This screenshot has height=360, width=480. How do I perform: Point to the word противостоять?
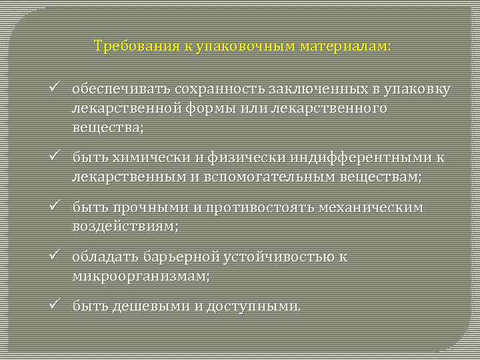tap(262, 207)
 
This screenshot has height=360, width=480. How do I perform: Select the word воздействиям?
tap(125, 226)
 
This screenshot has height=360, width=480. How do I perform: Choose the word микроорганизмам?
tap(141, 275)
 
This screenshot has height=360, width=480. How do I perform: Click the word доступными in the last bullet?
tap(253, 307)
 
